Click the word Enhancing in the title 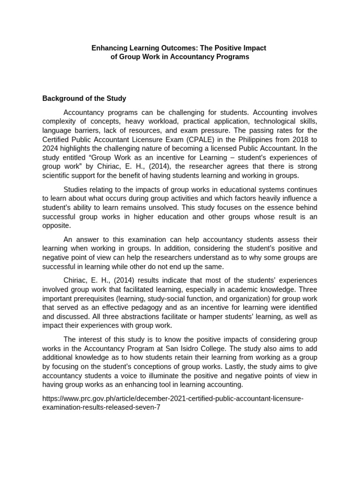click(x=108, y=48)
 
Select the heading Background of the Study click(x=84, y=99)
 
